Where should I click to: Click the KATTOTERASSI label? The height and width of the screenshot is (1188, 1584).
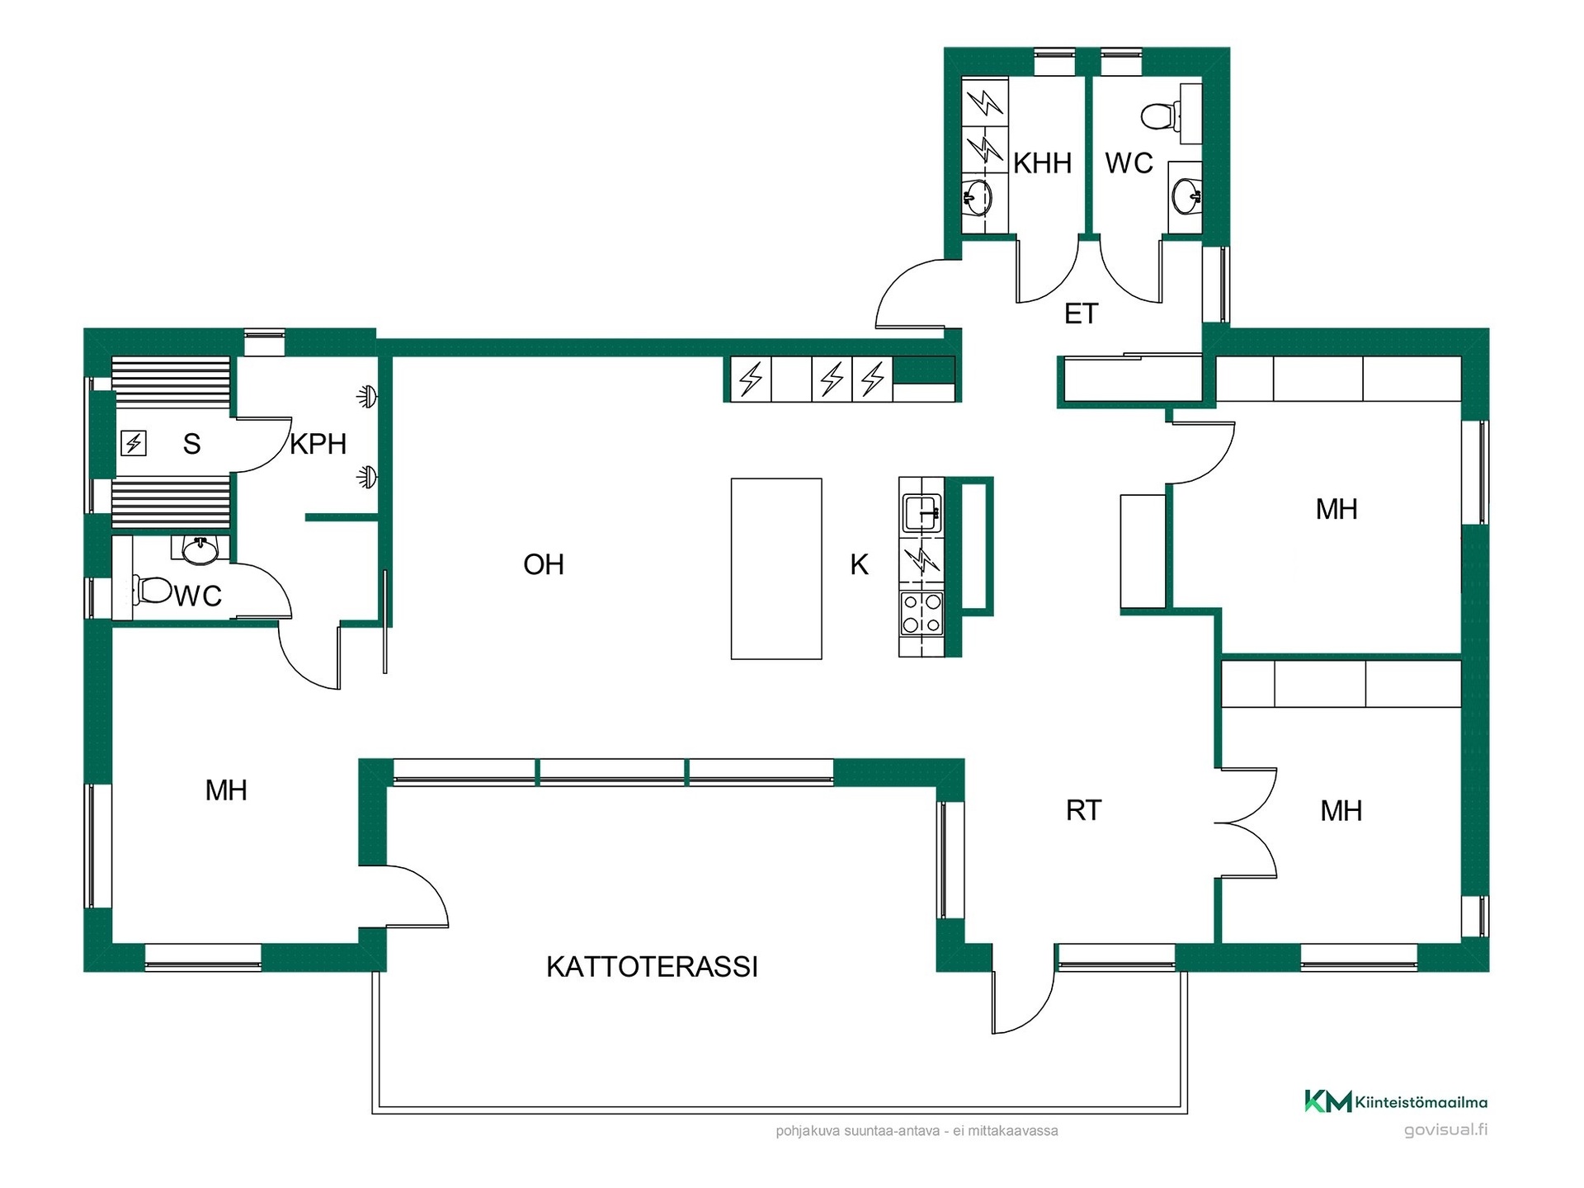pyautogui.click(x=652, y=966)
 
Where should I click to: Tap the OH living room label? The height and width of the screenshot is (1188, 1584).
pyautogui.click(x=544, y=564)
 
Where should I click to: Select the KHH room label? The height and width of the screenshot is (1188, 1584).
pyautogui.click(x=1042, y=163)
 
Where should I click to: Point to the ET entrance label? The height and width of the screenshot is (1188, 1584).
pyautogui.click(x=1082, y=313)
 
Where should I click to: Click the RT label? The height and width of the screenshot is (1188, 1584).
pyautogui.click(x=1083, y=810)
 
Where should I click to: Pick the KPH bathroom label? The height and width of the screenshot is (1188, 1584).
pyautogui.click(x=318, y=444)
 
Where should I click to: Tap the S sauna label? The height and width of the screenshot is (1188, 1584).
pyautogui.click(x=191, y=444)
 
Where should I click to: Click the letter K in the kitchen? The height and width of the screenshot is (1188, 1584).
pyautogui.click(x=859, y=564)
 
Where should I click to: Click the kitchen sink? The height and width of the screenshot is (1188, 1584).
pyautogui.click(x=922, y=513)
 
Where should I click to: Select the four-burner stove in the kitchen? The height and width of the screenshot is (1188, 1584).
pyautogui.click(x=922, y=614)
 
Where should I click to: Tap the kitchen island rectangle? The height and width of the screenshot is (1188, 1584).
pyautogui.click(x=776, y=568)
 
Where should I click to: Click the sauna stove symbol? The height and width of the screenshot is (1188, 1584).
pyautogui.click(x=134, y=444)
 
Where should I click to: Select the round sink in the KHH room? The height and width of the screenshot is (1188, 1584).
pyautogui.click(x=978, y=197)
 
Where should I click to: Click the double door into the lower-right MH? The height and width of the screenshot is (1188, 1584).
pyautogui.click(x=1247, y=823)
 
